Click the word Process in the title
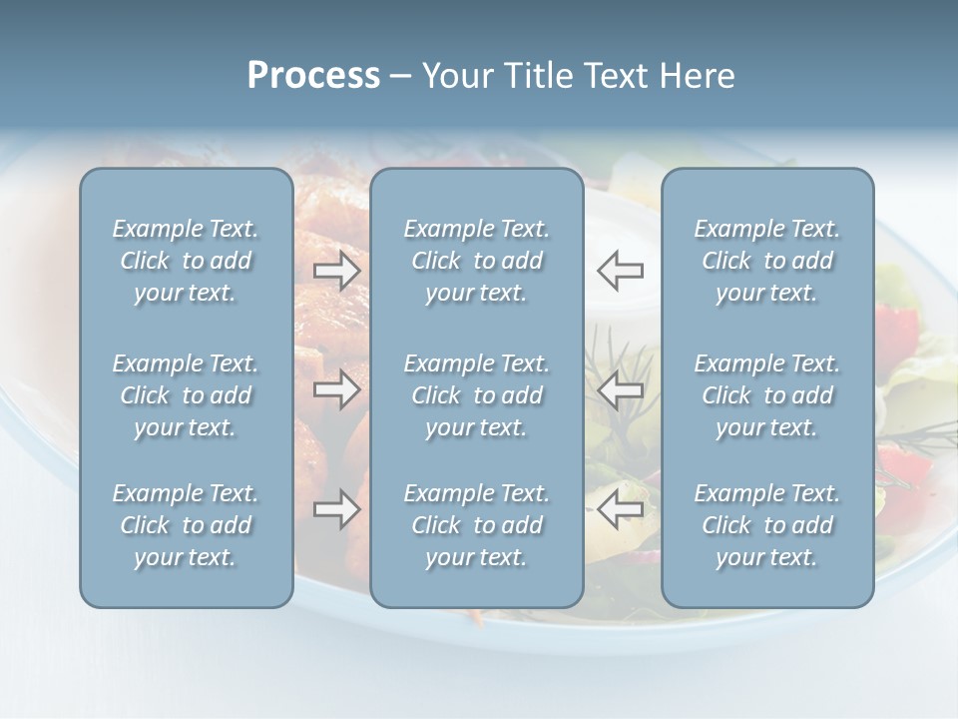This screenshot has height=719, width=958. click(x=313, y=76)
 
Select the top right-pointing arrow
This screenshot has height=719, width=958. click(x=336, y=271)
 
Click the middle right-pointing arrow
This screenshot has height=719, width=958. click(x=336, y=389)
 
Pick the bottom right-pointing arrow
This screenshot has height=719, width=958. click(x=336, y=510)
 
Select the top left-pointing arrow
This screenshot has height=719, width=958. click(x=621, y=271)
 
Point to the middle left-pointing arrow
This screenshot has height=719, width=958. click(x=621, y=389)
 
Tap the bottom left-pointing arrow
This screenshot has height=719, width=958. click(x=621, y=510)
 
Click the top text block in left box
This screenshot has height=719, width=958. click(x=186, y=261)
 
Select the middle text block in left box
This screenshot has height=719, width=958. click(x=186, y=395)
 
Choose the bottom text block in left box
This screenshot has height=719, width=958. click(x=186, y=525)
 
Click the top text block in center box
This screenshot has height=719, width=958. click(x=476, y=261)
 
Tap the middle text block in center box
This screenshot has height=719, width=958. click(x=476, y=395)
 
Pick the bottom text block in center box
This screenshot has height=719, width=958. click(x=476, y=525)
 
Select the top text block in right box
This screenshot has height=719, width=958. click(x=766, y=261)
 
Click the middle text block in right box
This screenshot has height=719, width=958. click(x=766, y=395)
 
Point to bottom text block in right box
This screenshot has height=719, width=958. click(x=766, y=525)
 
